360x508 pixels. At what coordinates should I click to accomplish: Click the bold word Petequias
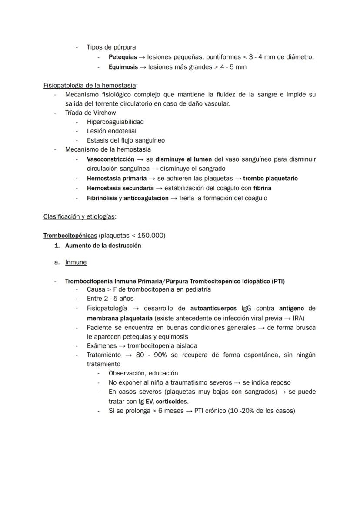click(x=123, y=57)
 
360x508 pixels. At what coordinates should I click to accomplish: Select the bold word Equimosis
click(x=123, y=67)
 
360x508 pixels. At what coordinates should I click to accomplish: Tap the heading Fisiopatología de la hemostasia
click(x=90, y=85)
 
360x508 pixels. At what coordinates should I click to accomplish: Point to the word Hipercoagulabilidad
click(x=115, y=122)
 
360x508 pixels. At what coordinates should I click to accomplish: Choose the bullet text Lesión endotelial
click(x=111, y=131)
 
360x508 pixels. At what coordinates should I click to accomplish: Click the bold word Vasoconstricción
click(x=110, y=159)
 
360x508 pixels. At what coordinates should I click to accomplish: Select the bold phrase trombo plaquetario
click(x=270, y=178)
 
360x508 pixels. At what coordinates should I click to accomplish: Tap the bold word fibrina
click(x=263, y=188)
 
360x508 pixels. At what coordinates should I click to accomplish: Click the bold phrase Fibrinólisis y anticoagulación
click(x=127, y=198)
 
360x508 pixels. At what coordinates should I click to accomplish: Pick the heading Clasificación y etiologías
click(x=79, y=216)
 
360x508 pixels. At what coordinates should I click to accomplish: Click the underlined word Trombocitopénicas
click(x=70, y=236)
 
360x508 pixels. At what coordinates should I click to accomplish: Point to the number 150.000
click(x=150, y=236)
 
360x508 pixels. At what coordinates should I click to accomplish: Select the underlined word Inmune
click(x=76, y=262)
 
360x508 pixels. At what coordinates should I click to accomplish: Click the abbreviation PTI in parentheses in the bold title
click(x=277, y=281)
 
